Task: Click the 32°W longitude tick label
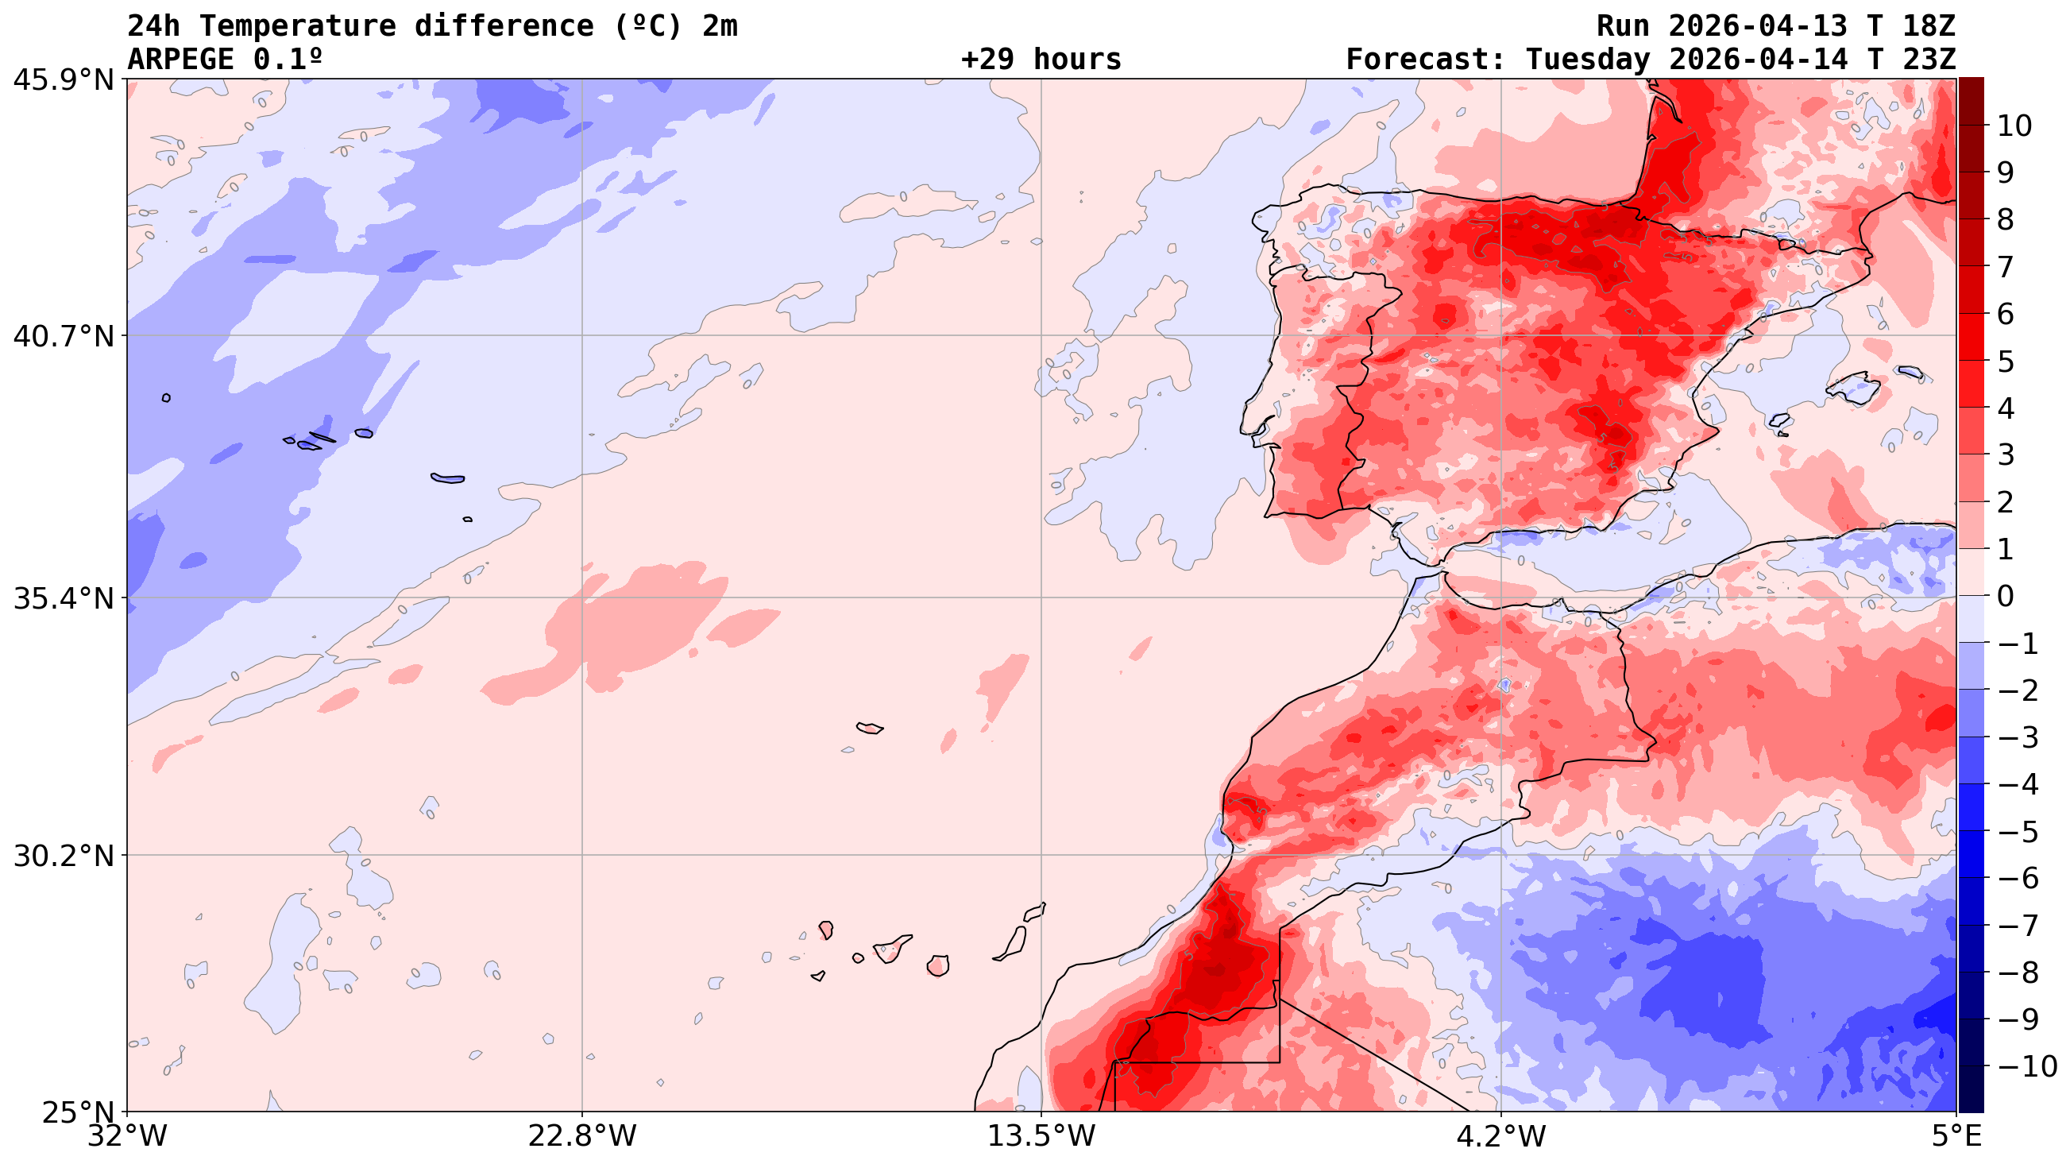(x=127, y=1136)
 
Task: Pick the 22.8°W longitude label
(x=581, y=1136)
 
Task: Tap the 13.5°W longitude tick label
(x=1041, y=1136)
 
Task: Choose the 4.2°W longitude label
(x=1500, y=1136)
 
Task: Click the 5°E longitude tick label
(x=1956, y=1136)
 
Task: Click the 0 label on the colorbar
(x=2006, y=597)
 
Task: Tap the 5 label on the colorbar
(x=2006, y=361)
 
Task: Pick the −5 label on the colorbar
(x=2017, y=831)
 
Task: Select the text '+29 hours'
(x=1041, y=60)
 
